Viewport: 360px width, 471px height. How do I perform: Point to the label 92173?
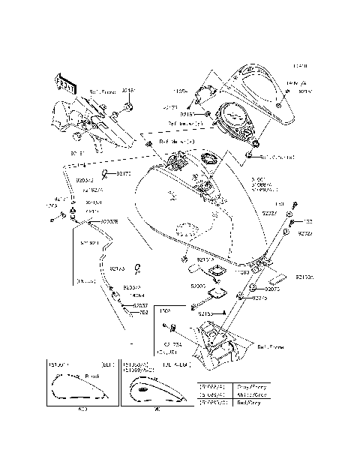[117, 267]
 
